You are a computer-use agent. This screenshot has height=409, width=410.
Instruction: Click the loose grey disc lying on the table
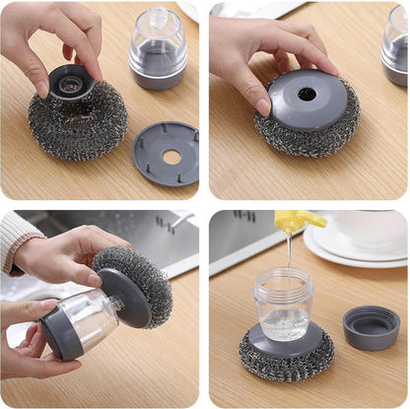[166, 153]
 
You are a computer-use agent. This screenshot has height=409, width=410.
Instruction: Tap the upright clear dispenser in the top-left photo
[158, 49]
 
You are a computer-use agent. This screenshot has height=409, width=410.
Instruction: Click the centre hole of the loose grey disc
[171, 156]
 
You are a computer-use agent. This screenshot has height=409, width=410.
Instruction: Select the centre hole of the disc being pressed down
[307, 95]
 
